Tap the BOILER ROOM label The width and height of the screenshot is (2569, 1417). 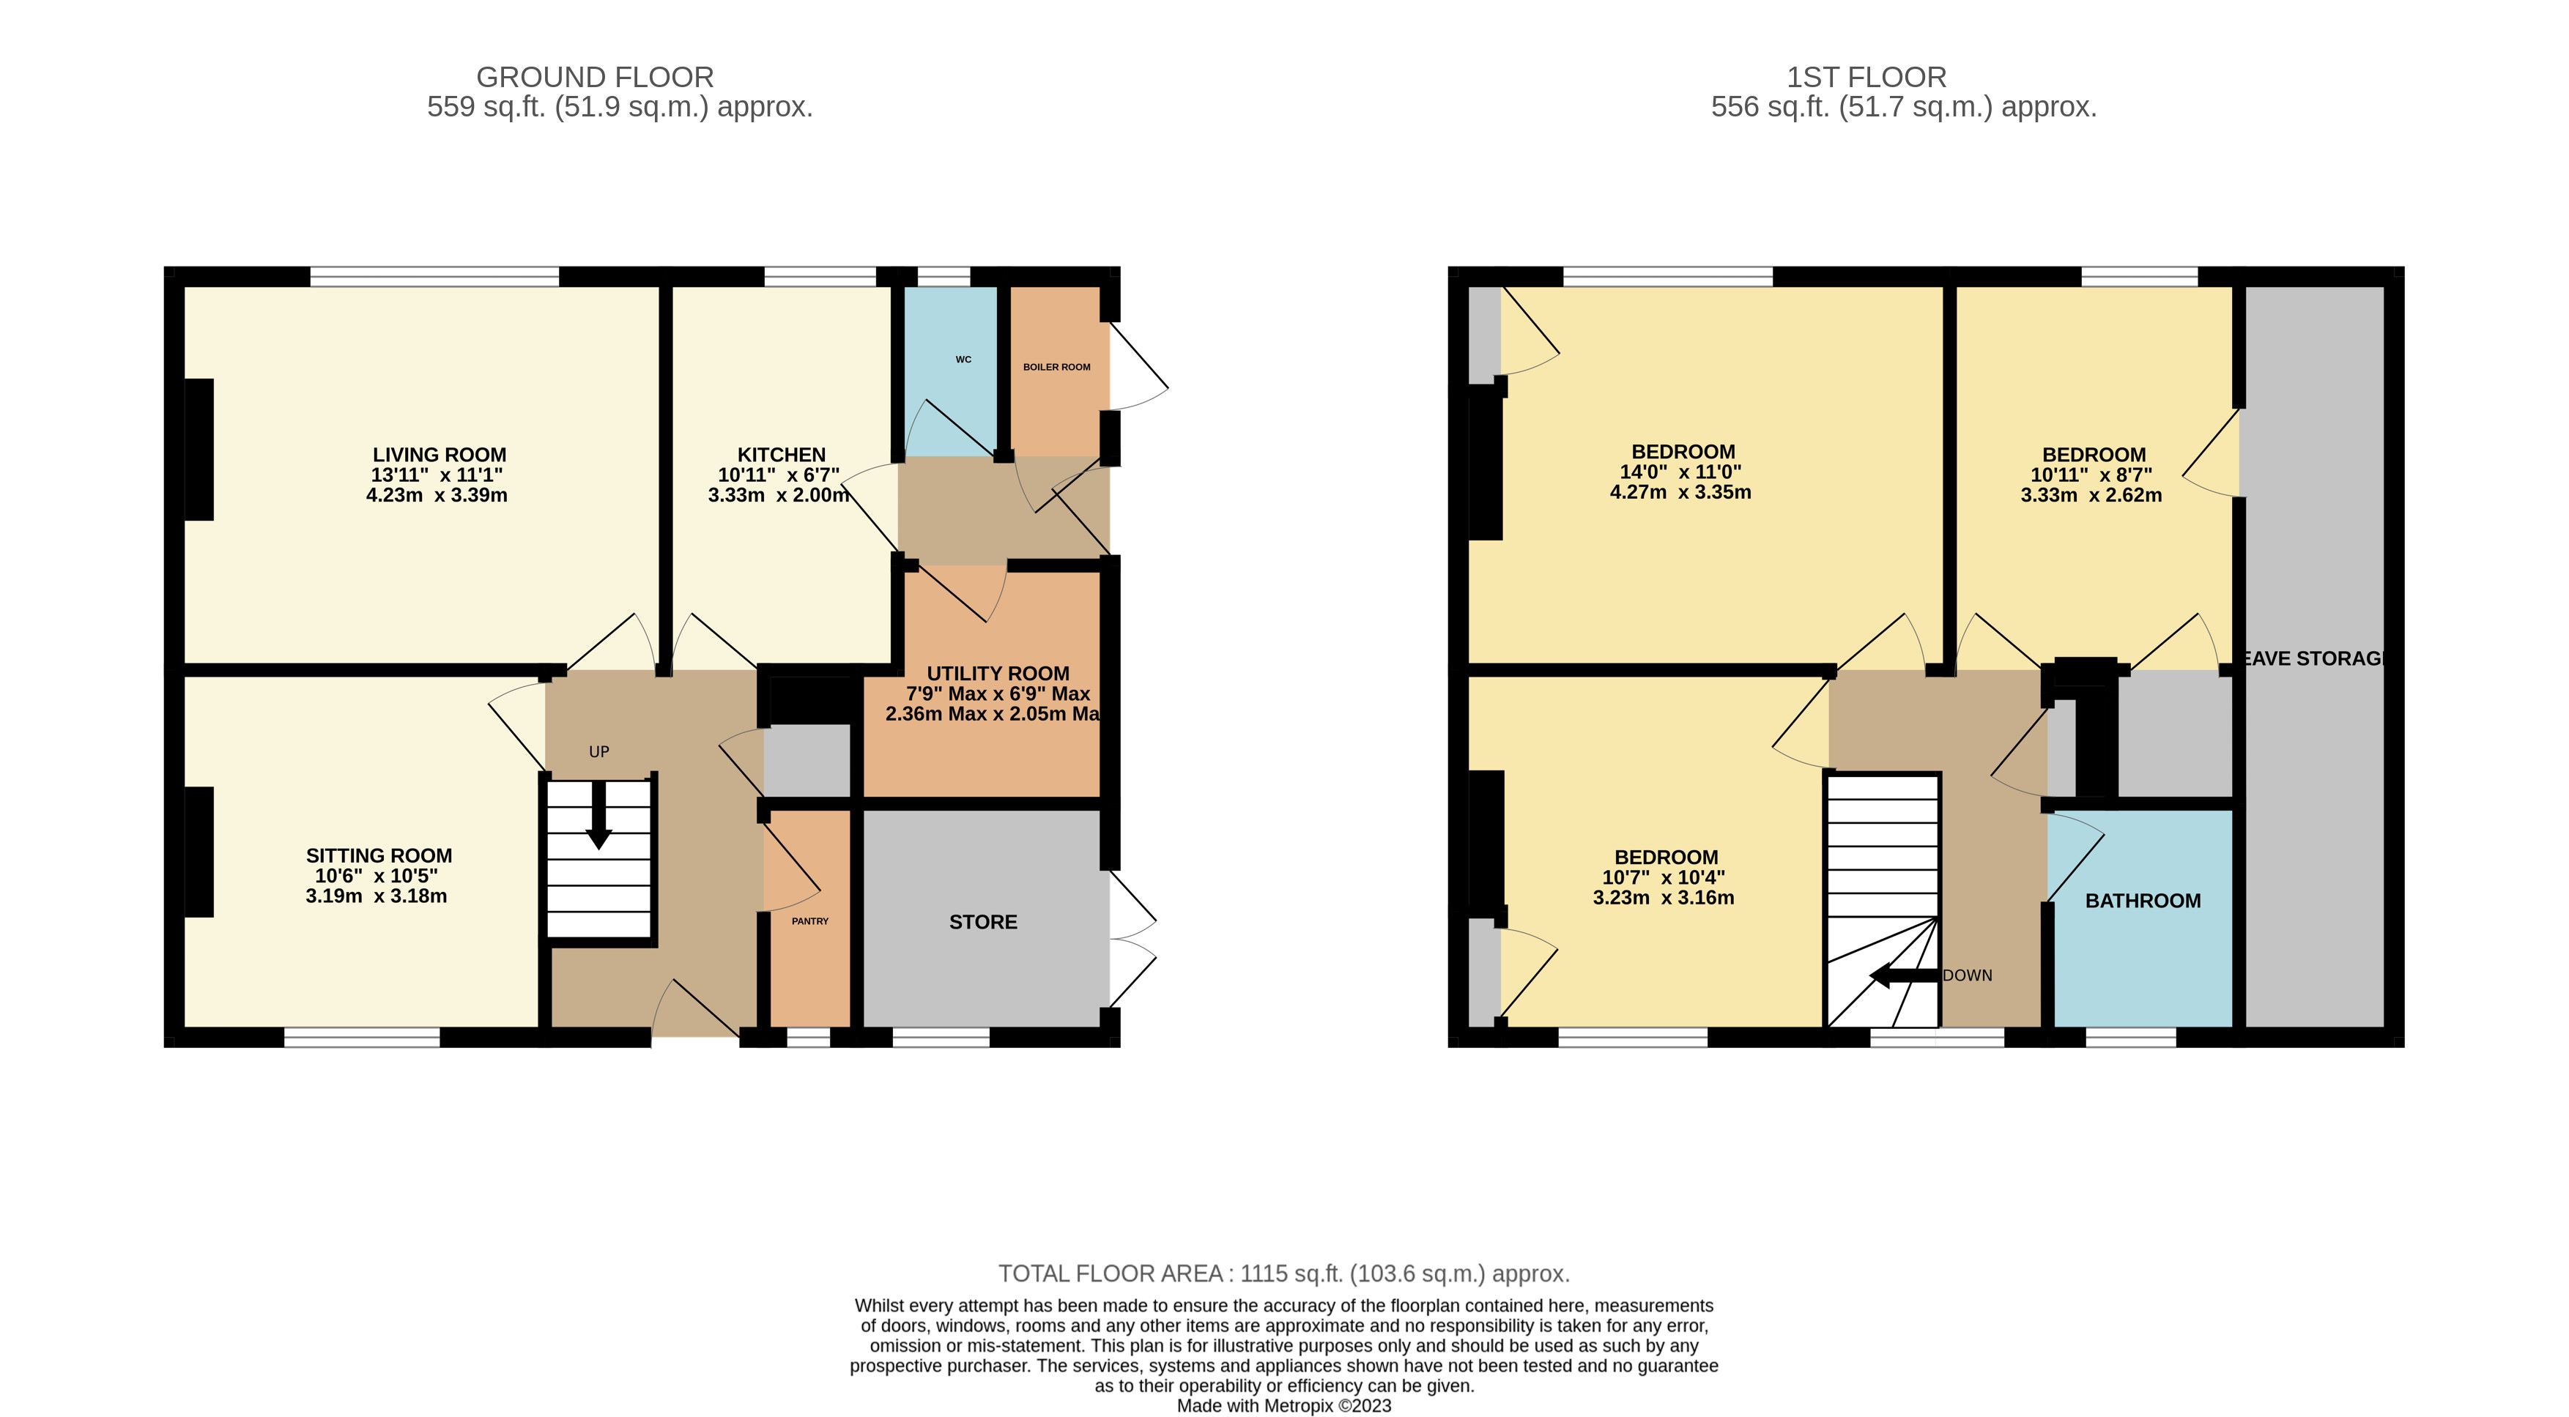coord(1057,367)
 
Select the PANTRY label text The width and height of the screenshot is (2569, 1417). coord(809,921)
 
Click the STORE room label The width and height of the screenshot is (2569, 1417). coord(983,923)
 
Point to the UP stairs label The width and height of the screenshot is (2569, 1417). coord(599,752)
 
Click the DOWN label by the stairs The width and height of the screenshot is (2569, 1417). coord(1968,975)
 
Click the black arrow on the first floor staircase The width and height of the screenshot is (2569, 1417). coord(1904,975)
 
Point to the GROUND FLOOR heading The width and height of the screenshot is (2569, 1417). coord(596,77)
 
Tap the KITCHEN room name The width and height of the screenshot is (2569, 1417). coord(782,455)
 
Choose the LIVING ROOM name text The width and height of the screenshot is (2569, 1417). coord(440,455)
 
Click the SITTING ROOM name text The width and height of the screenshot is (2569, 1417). coord(379,855)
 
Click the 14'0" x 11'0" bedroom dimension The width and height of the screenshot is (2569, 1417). coord(1680,472)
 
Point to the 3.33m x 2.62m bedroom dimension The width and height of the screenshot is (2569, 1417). coord(2091,494)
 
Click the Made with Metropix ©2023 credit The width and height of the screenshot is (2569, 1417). coord(1285,1406)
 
